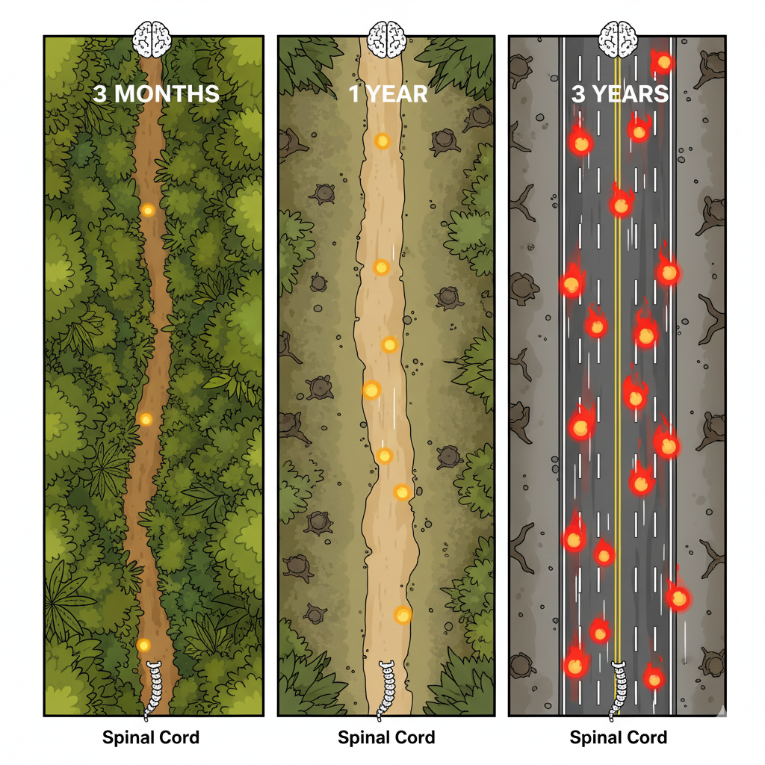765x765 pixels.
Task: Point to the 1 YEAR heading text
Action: tap(387, 94)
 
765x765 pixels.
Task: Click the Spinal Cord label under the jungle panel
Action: tap(151, 738)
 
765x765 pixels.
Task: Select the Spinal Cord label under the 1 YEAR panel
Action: tap(386, 738)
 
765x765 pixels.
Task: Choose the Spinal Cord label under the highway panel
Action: tap(619, 738)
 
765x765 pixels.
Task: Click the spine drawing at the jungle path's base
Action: tap(155, 690)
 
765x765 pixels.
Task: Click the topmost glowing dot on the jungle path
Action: tap(148, 211)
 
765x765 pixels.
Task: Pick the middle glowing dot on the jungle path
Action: tap(146, 419)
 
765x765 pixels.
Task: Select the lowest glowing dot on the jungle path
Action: tap(143, 645)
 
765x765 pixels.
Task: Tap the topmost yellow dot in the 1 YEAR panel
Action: tap(382, 140)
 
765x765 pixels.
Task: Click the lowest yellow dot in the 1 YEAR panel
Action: tap(403, 615)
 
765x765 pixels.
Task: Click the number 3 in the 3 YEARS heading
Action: tap(580, 95)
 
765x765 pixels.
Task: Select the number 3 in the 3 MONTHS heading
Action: tap(101, 94)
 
